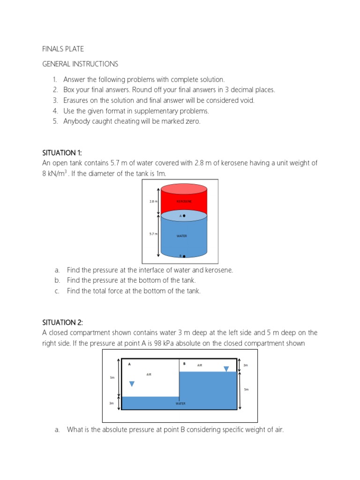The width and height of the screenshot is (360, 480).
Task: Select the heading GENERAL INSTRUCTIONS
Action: pyautogui.click(x=80, y=64)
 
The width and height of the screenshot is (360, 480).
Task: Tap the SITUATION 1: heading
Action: pyautogui.click(x=62, y=153)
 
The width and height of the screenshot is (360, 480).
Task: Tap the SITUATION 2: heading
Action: pyautogui.click(x=62, y=322)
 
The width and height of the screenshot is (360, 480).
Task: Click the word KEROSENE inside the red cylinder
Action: pyautogui.click(x=184, y=201)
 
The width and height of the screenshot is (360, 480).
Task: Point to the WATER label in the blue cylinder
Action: pyautogui.click(x=182, y=236)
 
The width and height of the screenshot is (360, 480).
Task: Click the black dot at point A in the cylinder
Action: pyautogui.click(x=184, y=216)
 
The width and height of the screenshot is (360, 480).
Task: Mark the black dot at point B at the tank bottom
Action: pyautogui.click(x=184, y=256)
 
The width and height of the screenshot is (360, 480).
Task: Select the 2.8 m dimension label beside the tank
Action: pyautogui.click(x=152, y=201)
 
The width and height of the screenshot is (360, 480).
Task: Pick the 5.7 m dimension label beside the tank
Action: pyautogui.click(x=152, y=233)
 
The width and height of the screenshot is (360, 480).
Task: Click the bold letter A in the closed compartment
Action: pyautogui.click(x=129, y=364)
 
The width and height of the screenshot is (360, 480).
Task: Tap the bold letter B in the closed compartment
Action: pyautogui.click(x=184, y=364)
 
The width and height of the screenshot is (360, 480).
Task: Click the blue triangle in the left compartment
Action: pyautogui.click(x=132, y=384)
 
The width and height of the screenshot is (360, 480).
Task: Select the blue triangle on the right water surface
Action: pyautogui.click(x=226, y=369)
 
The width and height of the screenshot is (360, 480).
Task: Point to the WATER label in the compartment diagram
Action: pyautogui.click(x=180, y=403)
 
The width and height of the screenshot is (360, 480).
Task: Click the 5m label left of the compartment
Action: pyautogui.click(x=112, y=377)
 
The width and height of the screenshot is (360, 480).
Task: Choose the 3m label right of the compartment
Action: pyautogui.click(x=245, y=365)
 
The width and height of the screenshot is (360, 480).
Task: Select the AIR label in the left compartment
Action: pyautogui.click(x=149, y=374)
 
